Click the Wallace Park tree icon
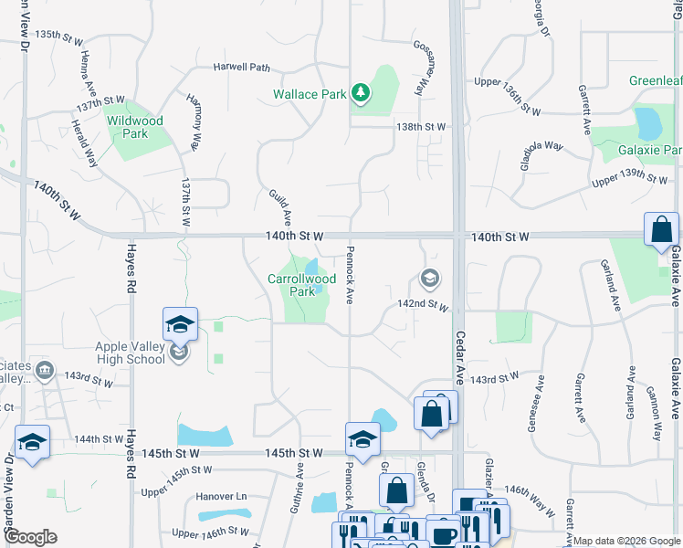click(362, 92)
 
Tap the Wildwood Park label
click(134, 127)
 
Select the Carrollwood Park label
click(297, 285)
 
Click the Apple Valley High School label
click(131, 352)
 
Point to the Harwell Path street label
click(242, 67)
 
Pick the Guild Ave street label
click(280, 207)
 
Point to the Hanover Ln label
click(222, 497)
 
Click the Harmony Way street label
click(193, 121)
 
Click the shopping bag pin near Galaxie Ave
click(661, 230)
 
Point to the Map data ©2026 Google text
click(626, 541)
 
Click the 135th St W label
click(59, 34)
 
